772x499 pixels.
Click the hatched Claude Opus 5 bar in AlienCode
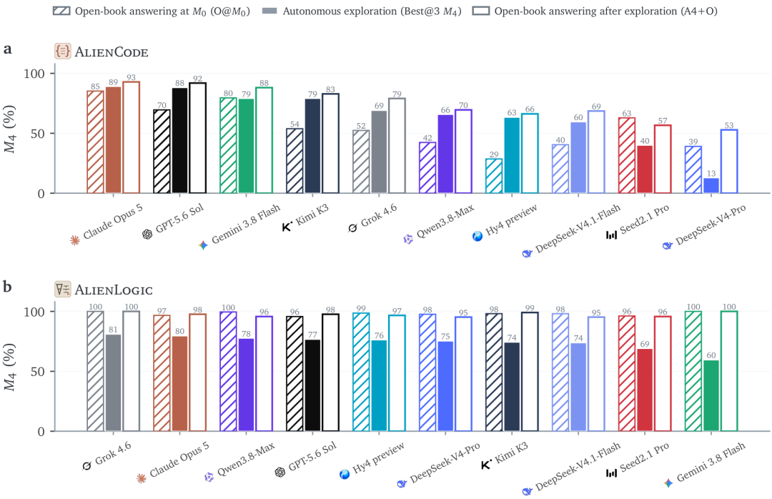(96, 142)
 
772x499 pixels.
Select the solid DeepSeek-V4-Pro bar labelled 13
(711, 186)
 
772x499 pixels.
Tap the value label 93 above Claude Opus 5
(131, 77)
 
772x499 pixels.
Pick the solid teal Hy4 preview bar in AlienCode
(512, 156)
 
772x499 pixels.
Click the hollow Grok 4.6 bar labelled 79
(397, 146)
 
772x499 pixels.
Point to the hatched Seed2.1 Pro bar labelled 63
(627, 156)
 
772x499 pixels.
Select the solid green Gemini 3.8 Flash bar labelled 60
(711, 396)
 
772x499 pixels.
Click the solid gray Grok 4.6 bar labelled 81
(113, 383)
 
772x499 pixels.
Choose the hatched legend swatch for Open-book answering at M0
(61, 11)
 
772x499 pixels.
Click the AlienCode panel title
(112, 51)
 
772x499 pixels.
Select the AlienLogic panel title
(114, 290)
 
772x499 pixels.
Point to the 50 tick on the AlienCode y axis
(38, 134)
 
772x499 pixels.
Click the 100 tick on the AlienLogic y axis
(34, 312)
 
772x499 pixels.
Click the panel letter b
(7, 286)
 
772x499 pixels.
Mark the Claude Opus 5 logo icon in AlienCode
(75, 240)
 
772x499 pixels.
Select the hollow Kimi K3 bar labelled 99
(530, 372)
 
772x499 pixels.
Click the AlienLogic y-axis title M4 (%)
(10, 367)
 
